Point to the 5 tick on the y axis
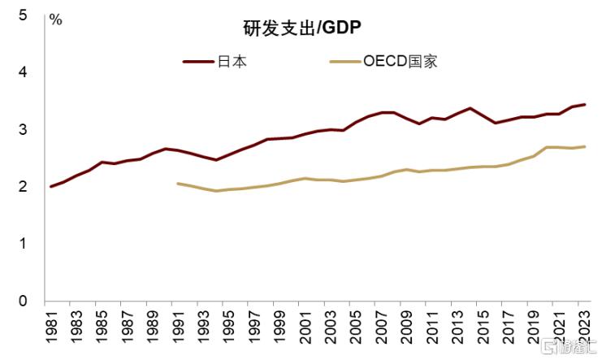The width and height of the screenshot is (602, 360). pyautogui.click(x=23, y=15)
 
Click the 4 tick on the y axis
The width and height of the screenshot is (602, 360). pyautogui.click(x=23, y=72)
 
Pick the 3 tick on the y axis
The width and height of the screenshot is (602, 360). pyautogui.click(x=23, y=129)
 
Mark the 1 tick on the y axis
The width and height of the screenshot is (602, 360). pyautogui.click(x=23, y=244)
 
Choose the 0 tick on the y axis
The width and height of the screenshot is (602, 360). pyautogui.click(x=23, y=301)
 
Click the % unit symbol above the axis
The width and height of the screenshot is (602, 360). pyautogui.click(x=55, y=20)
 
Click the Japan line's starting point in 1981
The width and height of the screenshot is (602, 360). pyautogui.click(x=51, y=186)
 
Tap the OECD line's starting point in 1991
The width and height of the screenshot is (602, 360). pyautogui.click(x=177, y=184)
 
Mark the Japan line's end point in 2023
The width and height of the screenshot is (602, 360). pyautogui.click(x=584, y=105)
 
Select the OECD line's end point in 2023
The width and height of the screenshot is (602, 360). pyautogui.click(x=584, y=147)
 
